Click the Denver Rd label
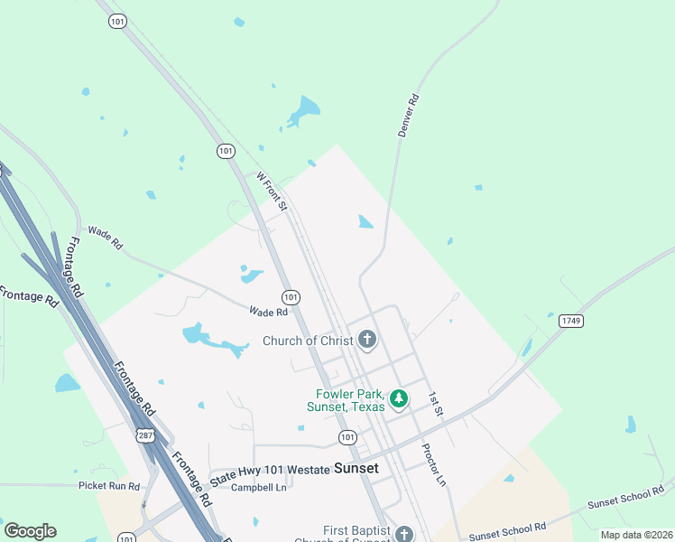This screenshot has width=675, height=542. [410, 115]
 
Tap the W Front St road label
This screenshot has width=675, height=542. [272, 192]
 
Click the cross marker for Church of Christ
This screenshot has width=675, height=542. [366, 341]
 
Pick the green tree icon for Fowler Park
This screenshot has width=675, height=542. [398, 397]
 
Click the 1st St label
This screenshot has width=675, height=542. [437, 404]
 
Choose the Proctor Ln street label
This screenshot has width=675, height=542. [434, 464]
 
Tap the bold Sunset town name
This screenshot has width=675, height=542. [356, 469]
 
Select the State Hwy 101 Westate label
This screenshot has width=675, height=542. [270, 471]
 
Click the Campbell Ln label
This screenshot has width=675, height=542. [258, 487]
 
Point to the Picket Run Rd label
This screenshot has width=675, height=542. [109, 486]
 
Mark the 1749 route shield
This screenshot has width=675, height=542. [569, 321]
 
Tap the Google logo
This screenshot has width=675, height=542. [30, 531]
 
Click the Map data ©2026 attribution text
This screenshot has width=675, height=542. [636, 535]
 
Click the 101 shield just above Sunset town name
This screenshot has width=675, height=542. [347, 437]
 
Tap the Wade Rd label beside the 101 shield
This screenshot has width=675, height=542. [268, 312]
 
